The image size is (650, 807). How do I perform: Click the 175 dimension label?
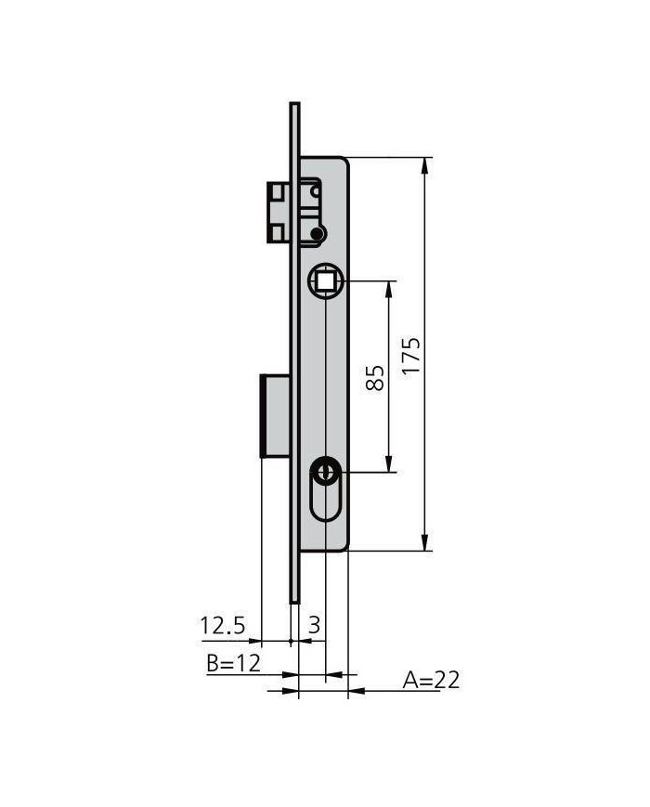(x=411, y=355)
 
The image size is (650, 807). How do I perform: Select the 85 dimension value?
(x=375, y=378)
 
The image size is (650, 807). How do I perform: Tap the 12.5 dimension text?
(x=222, y=625)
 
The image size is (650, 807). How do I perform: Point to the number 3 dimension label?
(x=314, y=625)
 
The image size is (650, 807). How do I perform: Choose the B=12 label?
(x=234, y=663)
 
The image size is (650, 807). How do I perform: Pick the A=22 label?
(x=431, y=680)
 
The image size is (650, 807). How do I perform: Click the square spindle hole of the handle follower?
(x=325, y=281)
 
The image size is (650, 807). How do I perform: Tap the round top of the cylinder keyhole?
(x=325, y=471)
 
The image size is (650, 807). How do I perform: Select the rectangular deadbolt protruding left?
(x=276, y=416)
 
